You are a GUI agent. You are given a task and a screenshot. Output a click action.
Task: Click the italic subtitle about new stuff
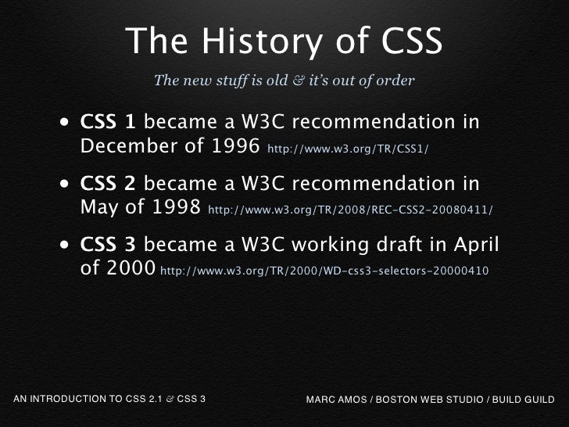tap(284, 80)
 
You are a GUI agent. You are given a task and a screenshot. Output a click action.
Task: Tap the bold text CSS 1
tap(109, 123)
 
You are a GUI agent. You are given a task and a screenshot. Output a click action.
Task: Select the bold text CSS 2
tap(109, 184)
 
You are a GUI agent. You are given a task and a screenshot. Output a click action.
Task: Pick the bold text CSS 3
tap(109, 245)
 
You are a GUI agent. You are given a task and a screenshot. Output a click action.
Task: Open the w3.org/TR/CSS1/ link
tap(348, 149)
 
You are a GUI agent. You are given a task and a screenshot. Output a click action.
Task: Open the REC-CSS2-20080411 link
tap(351, 210)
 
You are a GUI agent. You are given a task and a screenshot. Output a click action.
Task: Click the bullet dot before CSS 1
tap(62, 124)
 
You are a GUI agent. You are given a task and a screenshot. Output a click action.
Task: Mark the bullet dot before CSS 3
tap(62, 246)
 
